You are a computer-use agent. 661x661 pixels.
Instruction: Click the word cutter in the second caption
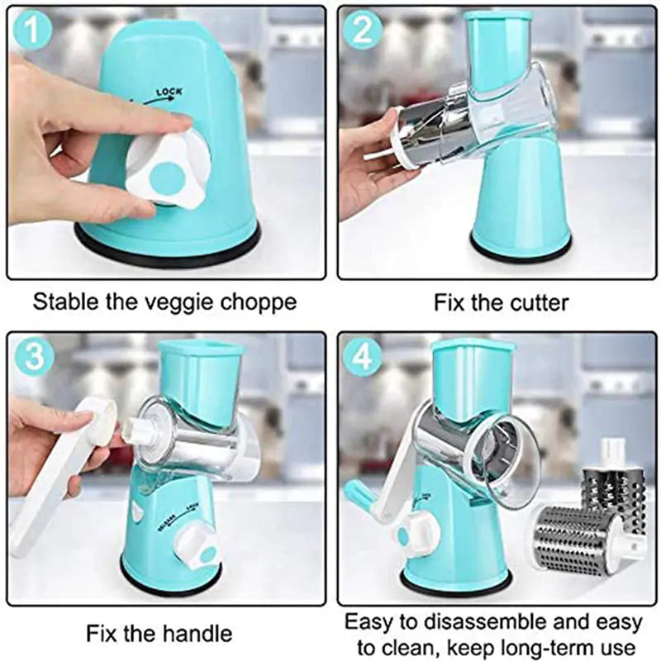535,302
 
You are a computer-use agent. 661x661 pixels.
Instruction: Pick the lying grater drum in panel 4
578,537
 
